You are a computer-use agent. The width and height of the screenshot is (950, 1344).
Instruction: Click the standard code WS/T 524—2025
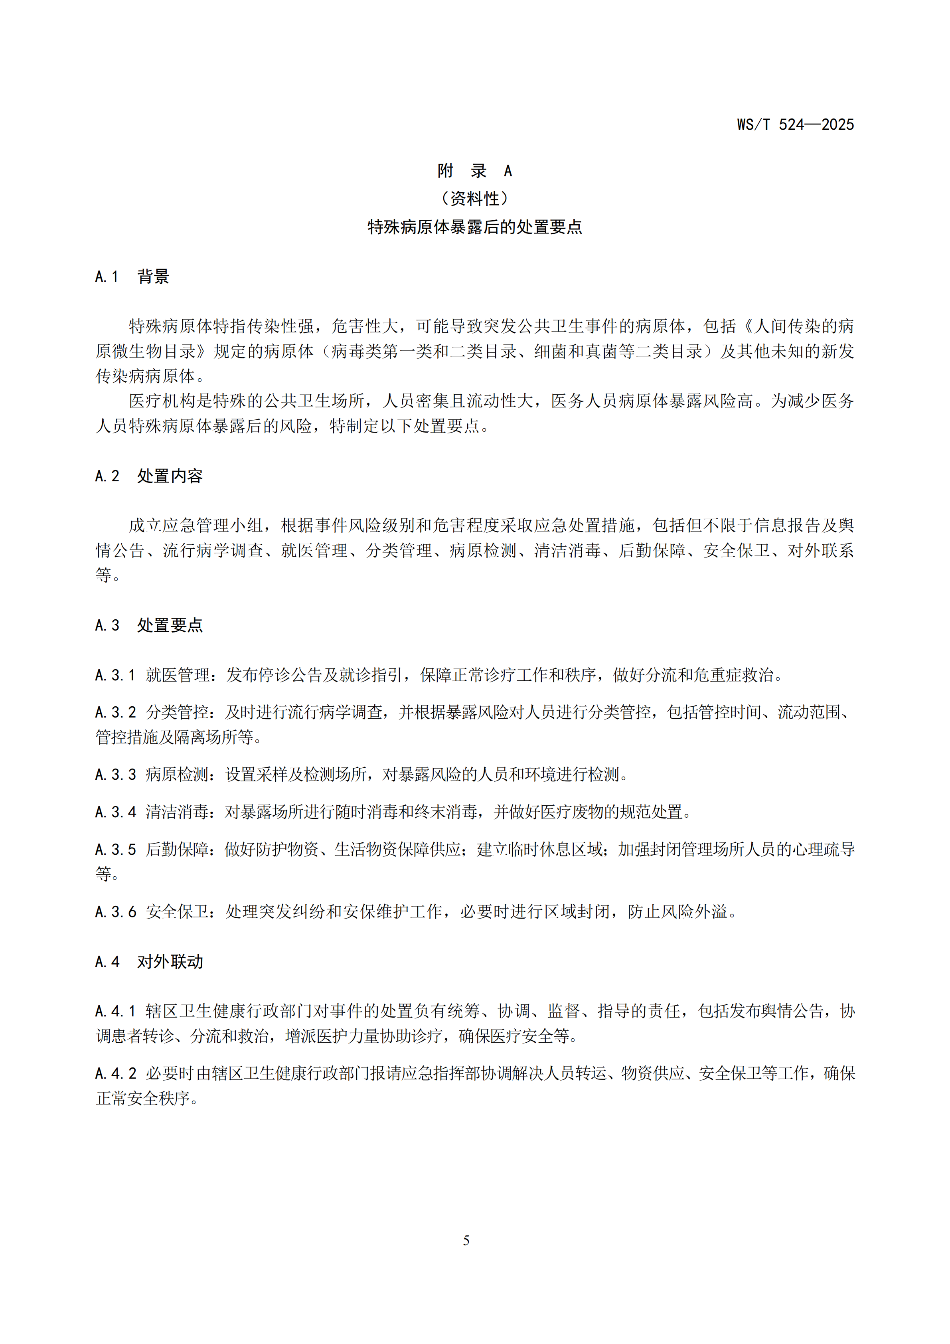pyautogui.click(x=795, y=125)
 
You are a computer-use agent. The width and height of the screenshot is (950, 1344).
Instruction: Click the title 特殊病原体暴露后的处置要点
pyautogui.click(x=475, y=227)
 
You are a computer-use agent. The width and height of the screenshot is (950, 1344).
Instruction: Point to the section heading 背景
pyautogui.click(x=153, y=277)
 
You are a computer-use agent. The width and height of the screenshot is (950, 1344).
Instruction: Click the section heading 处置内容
pyautogui.click(x=170, y=476)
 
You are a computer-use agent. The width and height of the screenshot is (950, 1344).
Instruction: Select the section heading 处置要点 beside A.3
pyautogui.click(x=170, y=626)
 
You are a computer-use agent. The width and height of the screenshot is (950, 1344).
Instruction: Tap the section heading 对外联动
pyautogui.click(x=170, y=962)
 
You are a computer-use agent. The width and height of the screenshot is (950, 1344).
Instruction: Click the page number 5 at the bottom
pyautogui.click(x=466, y=1240)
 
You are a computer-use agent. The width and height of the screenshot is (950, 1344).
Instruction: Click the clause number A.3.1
pyautogui.click(x=115, y=676)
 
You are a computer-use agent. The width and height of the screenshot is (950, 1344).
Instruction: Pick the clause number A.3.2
pyautogui.click(x=115, y=712)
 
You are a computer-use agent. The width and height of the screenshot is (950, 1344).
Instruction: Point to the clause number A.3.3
pyautogui.click(x=115, y=775)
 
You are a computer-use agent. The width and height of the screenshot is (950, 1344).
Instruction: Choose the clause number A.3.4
pyautogui.click(x=115, y=812)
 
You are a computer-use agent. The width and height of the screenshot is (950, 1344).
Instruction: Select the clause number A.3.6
pyautogui.click(x=115, y=912)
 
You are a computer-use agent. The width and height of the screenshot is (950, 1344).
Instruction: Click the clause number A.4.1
pyautogui.click(x=115, y=1012)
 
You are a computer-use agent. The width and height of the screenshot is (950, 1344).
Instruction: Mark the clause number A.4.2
pyautogui.click(x=115, y=1073)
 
